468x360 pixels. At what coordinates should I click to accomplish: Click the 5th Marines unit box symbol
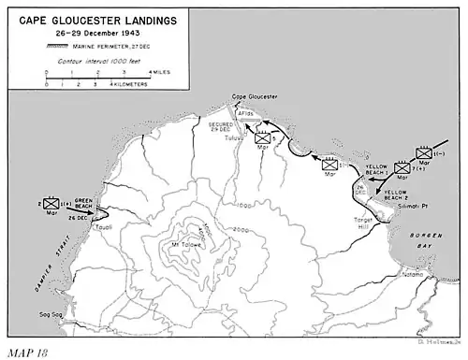[265, 137]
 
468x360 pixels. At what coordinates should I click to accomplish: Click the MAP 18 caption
[24, 353]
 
